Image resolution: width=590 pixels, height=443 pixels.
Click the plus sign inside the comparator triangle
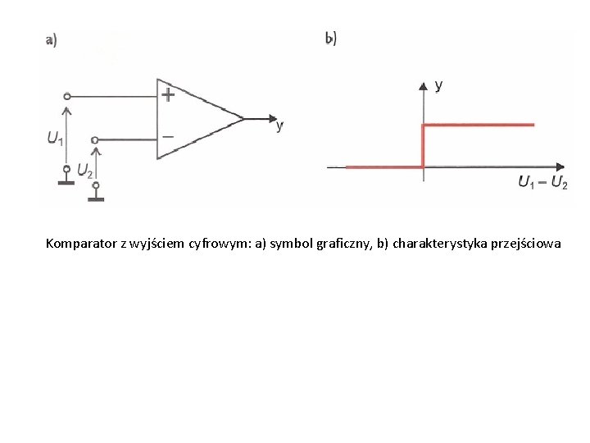[168, 94]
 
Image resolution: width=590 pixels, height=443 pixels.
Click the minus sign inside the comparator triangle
[168, 137]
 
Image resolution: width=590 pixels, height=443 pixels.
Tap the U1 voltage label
[55, 139]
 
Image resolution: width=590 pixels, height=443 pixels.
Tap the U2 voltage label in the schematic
[84, 171]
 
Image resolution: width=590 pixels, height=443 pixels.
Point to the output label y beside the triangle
[280, 126]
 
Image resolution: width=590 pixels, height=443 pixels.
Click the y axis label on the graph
[439, 84]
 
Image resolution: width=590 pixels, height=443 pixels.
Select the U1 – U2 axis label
[542, 182]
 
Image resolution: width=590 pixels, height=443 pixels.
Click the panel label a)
[51, 41]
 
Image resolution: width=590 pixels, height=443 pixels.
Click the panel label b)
[331, 38]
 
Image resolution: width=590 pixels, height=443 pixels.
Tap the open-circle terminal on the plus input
[67, 95]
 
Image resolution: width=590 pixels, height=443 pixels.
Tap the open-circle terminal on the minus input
[96, 139]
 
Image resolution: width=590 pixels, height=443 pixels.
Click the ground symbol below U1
[66, 177]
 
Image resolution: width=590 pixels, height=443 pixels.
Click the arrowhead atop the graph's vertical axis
[423, 84]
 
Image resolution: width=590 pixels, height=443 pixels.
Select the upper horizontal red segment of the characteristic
[478, 125]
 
